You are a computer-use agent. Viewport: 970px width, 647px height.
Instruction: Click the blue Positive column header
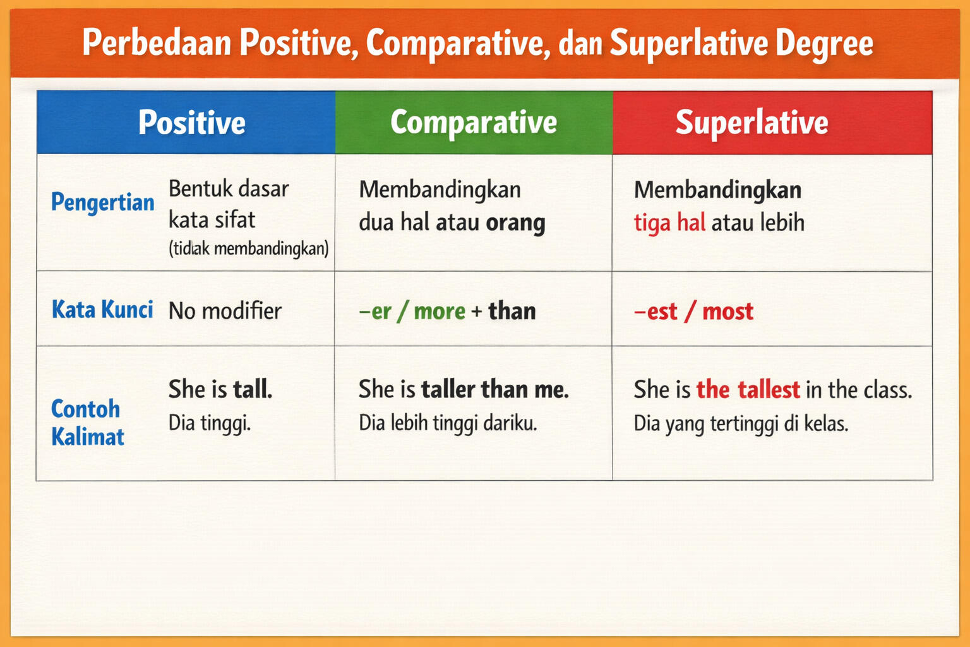(191, 123)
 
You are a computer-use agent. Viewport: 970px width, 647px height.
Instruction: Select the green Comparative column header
(474, 123)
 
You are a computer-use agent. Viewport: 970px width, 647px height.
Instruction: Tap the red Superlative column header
(751, 123)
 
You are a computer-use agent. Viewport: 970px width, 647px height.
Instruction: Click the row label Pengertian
(102, 202)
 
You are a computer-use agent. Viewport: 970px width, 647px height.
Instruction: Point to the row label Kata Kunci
(102, 310)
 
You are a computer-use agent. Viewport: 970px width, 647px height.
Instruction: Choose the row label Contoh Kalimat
(87, 423)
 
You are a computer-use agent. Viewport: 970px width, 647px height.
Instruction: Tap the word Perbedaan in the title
(157, 43)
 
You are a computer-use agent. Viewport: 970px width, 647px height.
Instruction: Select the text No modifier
(225, 311)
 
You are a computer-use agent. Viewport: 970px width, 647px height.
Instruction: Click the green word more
(440, 311)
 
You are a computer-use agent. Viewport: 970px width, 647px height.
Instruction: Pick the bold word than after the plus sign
(512, 311)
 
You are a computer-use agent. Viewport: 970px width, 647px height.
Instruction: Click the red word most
(727, 311)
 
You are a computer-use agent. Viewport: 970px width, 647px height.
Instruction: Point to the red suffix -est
(656, 311)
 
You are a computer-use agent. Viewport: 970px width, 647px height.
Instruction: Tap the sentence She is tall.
(220, 389)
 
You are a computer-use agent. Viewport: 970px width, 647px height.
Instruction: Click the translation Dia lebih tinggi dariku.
(448, 423)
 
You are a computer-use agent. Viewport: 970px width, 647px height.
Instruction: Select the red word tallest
(769, 390)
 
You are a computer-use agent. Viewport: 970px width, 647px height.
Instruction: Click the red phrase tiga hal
(669, 222)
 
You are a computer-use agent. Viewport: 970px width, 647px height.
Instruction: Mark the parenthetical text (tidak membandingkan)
(248, 248)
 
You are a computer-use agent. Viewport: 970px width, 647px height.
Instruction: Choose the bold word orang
(515, 222)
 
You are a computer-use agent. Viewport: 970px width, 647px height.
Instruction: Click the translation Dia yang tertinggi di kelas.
(741, 423)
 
